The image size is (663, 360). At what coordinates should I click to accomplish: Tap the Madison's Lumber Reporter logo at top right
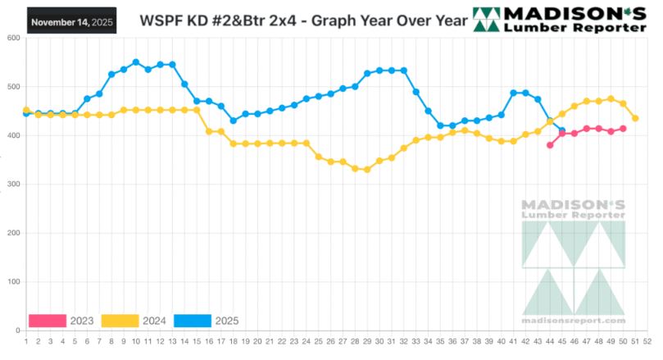pyautogui.click(x=558, y=19)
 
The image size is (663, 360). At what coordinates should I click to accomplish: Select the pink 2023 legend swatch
pyautogui.click(x=47, y=320)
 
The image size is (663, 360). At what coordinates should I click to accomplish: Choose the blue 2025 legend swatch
pyautogui.click(x=194, y=320)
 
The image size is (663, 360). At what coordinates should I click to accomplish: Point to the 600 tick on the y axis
pyautogui.click(x=14, y=39)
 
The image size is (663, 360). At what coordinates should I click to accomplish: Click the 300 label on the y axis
pyautogui.click(x=14, y=185)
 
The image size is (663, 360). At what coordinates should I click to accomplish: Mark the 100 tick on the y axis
pyautogui.click(x=14, y=282)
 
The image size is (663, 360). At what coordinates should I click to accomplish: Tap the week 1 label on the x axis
pyautogui.click(x=26, y=341)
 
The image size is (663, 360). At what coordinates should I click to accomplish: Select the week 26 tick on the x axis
pyautogui.click(x=330, y=341)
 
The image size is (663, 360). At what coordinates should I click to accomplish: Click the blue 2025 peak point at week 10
pyautogui.click(x=135, y=62)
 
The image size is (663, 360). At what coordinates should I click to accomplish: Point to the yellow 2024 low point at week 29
pyautogui.click(x=367, y=170)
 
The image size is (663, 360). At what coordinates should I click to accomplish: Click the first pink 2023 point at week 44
pyautogui.click(x=550, y=145)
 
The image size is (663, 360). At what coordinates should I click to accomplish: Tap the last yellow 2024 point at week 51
pyautogui.click(x=635, y=119)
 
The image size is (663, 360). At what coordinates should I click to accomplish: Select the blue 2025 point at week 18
pyautogui.click(x=233, y=121)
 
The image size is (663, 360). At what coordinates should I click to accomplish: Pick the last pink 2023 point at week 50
pyautogui.click(x=623, y=129)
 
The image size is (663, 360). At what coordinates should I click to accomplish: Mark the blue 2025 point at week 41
pyautogui.click(x=513, y=93)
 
